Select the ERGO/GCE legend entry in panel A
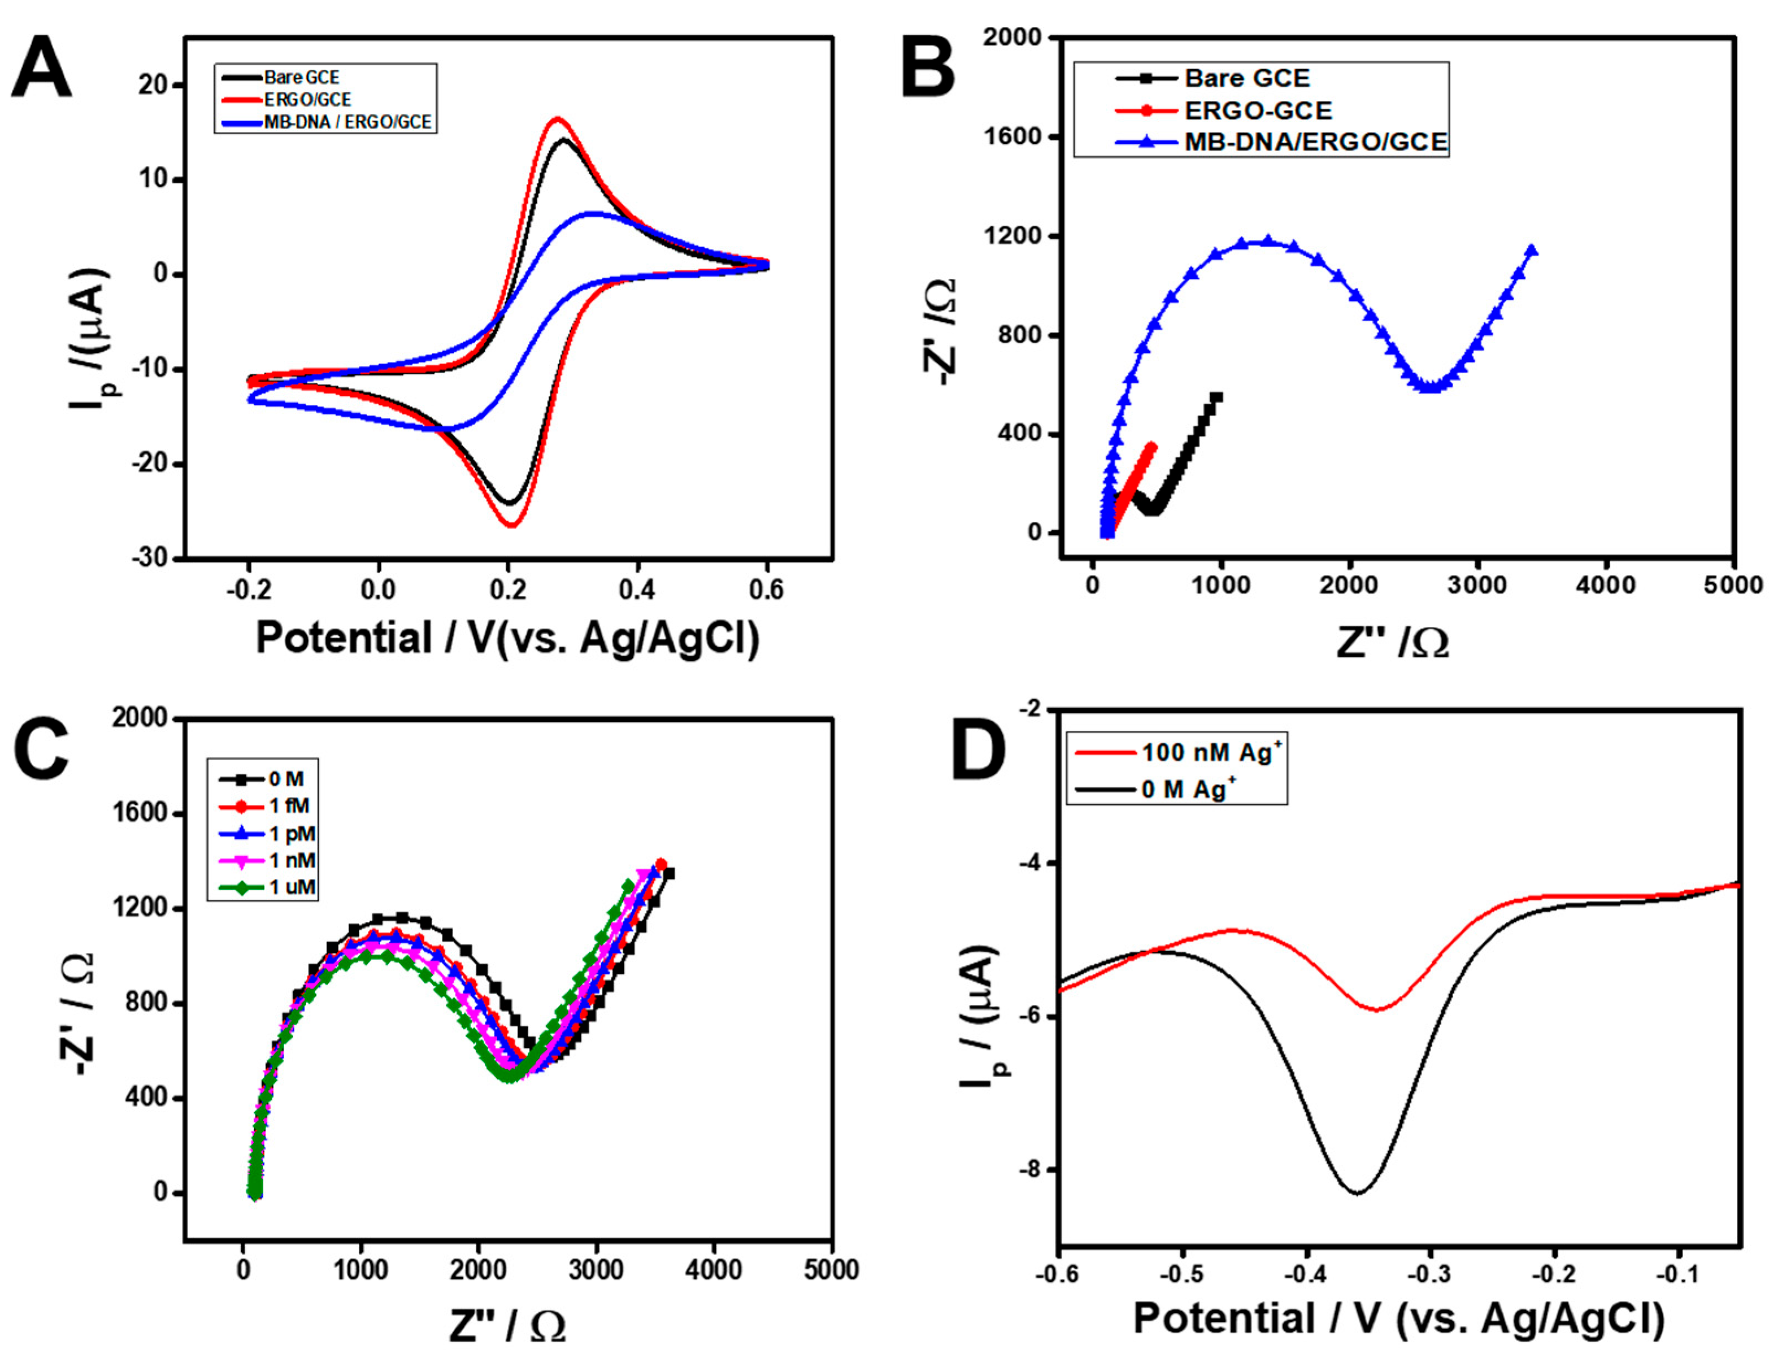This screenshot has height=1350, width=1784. click(307, 99)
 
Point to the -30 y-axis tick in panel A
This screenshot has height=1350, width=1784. click(152, 558)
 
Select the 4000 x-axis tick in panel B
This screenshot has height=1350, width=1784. click(1605, 584)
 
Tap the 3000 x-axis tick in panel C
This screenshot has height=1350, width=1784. click(595, 1270)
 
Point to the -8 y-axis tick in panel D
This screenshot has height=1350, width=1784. click(1033, 1170)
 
